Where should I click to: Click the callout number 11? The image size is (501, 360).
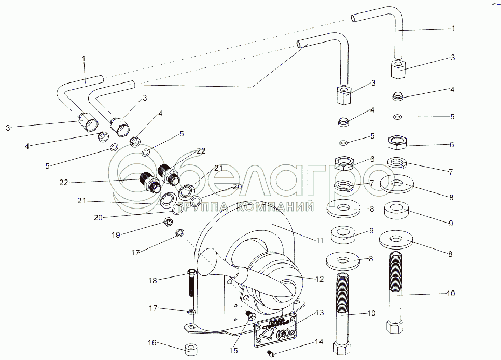(320, 241)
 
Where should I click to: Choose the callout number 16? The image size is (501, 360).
(151, 343)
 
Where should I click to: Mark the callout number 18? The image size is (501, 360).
(152, 280)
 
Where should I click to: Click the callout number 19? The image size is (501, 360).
(116, 234)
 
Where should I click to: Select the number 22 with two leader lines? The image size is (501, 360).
(201, 151)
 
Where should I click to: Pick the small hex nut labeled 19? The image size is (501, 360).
(168, 222)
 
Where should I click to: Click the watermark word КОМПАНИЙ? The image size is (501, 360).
(275, 207)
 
